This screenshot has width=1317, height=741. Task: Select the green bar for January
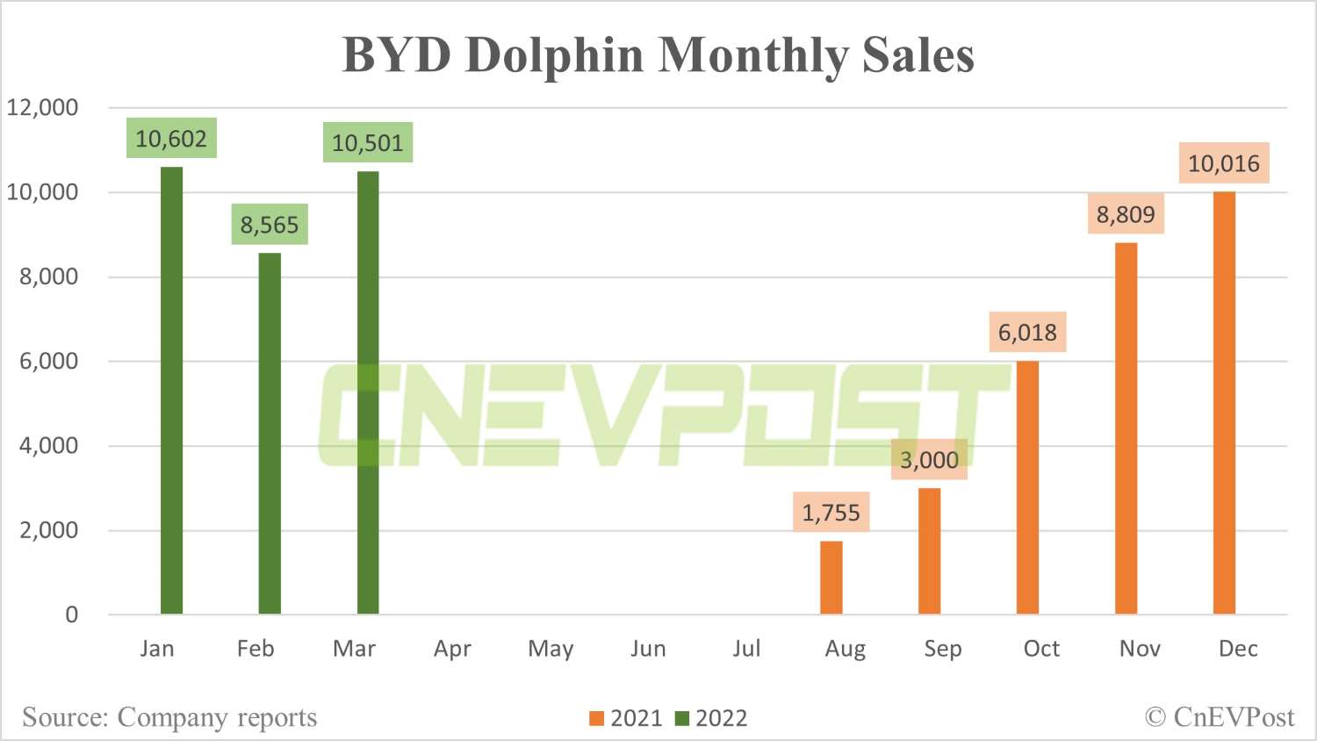[x=172, y=391]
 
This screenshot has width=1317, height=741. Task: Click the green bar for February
[x=270, y=434]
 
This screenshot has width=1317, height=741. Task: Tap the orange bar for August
[x=831, y=578]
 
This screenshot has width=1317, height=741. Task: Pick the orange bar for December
[x=1224, y=403]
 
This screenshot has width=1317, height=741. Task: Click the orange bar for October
[x=1027, y=487]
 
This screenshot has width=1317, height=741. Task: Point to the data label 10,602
[x=171, y=139]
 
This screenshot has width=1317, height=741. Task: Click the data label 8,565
[x=270, y=225]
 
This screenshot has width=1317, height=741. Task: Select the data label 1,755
[x=831, y=512]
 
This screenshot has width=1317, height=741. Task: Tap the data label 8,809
[x=1126, y=214]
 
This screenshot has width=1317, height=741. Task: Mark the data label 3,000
[x=929, y=459]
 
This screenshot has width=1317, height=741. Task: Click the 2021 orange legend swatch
[x=597, y=718]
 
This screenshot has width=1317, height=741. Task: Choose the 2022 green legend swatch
[x=682, y=718]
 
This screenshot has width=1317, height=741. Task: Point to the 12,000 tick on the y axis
[x=42, y=107]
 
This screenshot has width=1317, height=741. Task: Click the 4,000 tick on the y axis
[x=48, y=445]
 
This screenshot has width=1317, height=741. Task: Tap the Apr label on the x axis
[x=452, y=649]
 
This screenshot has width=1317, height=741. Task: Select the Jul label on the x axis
[x=746, y=649]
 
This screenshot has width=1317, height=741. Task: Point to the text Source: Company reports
[x=169, y=717]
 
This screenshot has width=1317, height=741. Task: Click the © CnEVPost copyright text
[x=1220, y=717]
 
